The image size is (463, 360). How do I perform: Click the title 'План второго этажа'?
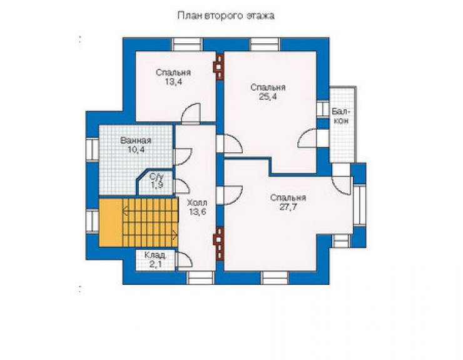click(226, 16)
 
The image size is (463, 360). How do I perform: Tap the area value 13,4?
click(173, 82)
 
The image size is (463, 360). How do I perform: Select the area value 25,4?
click(268, 96)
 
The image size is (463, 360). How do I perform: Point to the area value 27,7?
click(288, 207)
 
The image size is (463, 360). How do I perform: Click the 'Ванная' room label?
click(136, 140)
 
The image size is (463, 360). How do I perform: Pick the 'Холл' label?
click(197, 203)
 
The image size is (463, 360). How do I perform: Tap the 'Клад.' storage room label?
click(155, 255)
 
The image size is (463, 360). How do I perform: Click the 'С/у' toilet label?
click(156, 177)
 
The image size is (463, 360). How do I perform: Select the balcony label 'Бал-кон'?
click(341, 116)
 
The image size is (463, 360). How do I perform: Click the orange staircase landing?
click(111, 222)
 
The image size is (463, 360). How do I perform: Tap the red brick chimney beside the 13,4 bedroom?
click(219, 68)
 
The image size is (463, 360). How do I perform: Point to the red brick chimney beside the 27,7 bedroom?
click(219, 244)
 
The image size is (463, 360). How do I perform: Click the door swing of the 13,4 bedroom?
click(191, 113)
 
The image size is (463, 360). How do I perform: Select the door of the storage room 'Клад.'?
click(184, 260)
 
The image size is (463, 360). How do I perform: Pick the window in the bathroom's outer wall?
click(92, 150)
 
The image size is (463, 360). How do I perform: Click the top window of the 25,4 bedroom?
click(265, 44)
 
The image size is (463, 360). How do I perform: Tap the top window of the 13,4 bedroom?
click(187, 44)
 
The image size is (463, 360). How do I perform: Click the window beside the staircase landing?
click(92, 221)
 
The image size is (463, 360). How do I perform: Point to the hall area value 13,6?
click(198, 212)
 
